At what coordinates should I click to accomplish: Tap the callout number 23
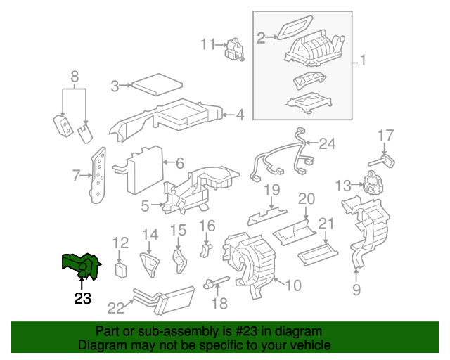83,298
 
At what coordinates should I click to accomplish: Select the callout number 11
206,44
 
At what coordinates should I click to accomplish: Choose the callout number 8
75,77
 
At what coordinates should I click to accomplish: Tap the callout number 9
356,289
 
